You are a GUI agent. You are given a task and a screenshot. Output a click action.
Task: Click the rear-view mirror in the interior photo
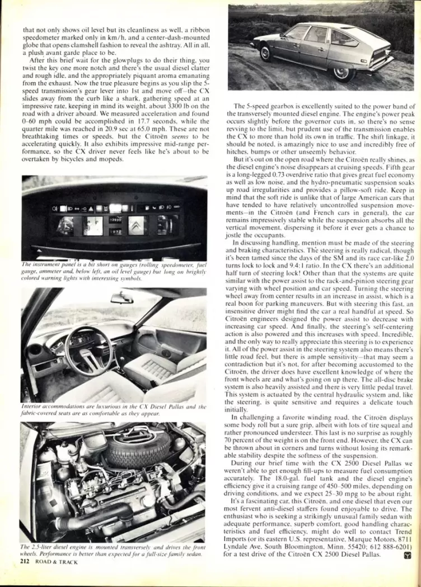tap(121, 299)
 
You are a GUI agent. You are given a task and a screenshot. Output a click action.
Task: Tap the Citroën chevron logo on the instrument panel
tap(137, 225)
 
